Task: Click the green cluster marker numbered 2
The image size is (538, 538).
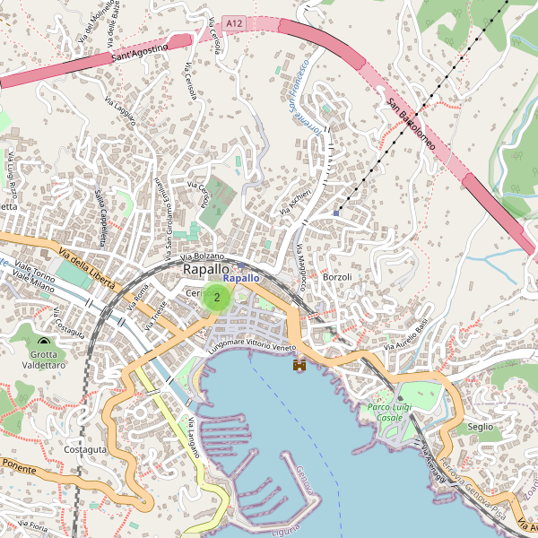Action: point(216,297)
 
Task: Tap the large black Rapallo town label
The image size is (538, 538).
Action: point(205,269)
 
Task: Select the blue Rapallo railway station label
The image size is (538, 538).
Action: point(241,279)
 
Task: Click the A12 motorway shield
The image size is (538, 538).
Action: point(234,22)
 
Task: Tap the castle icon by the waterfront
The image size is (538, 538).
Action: point(299,365)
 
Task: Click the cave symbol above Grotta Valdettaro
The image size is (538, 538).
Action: point(45,341)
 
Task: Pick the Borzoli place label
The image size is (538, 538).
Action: point(337,277)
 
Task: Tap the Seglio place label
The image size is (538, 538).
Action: point(481,427)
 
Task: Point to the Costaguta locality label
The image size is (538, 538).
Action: point(86,448)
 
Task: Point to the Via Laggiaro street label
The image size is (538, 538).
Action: point(119,112)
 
